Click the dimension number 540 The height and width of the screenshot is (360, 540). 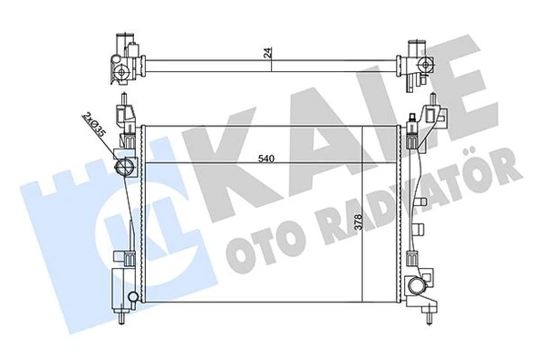pyautogui.click(x=265, y=159)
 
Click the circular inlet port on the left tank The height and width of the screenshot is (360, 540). pyautogui.click(x=125, y=167)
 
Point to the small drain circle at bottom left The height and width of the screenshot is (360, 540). pyautogui.click(x=133, y=296)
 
